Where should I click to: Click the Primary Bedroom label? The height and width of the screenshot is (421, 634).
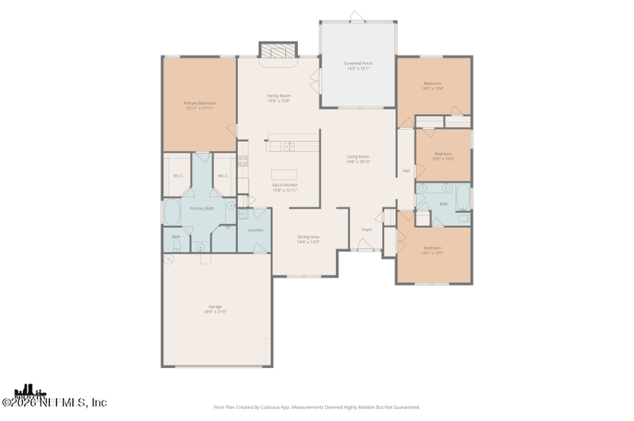coord(200,103)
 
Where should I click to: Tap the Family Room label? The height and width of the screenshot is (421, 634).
coord(278,96)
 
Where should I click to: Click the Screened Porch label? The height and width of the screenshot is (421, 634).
coord(358,63)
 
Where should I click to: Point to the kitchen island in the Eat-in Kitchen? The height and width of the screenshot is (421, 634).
coord(284,174)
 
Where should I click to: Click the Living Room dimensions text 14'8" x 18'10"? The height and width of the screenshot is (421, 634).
coord(358,161)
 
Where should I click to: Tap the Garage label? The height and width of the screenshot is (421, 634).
coord(216,306)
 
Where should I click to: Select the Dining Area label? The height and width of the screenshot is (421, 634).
coord(308,237)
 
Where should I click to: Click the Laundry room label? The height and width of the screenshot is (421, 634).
coord(255,230)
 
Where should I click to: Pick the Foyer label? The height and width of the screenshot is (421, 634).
coord(367,229)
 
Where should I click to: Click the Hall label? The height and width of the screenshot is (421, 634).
coord(406,170)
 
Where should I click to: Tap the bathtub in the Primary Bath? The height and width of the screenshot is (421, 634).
coord(171,212)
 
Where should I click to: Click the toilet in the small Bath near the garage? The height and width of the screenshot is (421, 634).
coord(176,247)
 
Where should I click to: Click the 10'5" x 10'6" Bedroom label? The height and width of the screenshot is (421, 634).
coord(443,154)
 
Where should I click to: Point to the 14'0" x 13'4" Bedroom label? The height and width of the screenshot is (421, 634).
coord(433,84)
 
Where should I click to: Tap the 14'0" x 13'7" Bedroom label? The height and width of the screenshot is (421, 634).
coord(433,250)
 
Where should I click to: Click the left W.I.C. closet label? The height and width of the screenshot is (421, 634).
coord(178,176)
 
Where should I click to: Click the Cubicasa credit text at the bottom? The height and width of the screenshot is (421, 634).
coord(317,407)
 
